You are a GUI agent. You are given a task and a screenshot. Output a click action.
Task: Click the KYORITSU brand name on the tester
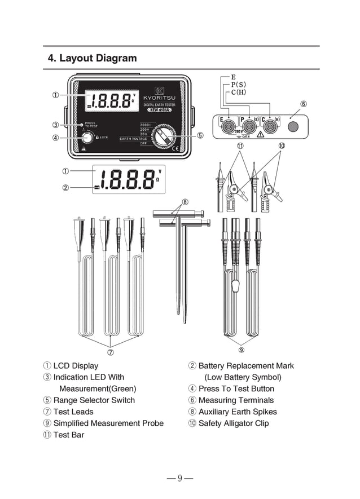coord(160,97)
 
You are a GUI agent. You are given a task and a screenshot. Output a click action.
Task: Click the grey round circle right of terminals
coord(293,126)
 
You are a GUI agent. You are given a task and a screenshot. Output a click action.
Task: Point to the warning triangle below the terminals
coord(260,135)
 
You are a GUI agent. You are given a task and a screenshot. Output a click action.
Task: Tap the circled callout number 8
coord(185,202)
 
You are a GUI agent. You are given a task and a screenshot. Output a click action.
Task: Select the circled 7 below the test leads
coord(111,353)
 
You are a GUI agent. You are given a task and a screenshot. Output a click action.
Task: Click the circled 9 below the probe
coord(242,342)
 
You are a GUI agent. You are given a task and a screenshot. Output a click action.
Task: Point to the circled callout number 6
coord(304,104)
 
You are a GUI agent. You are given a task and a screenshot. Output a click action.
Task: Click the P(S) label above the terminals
coord(238,84)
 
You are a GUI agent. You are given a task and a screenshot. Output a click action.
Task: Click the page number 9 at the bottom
coord(180,479)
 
